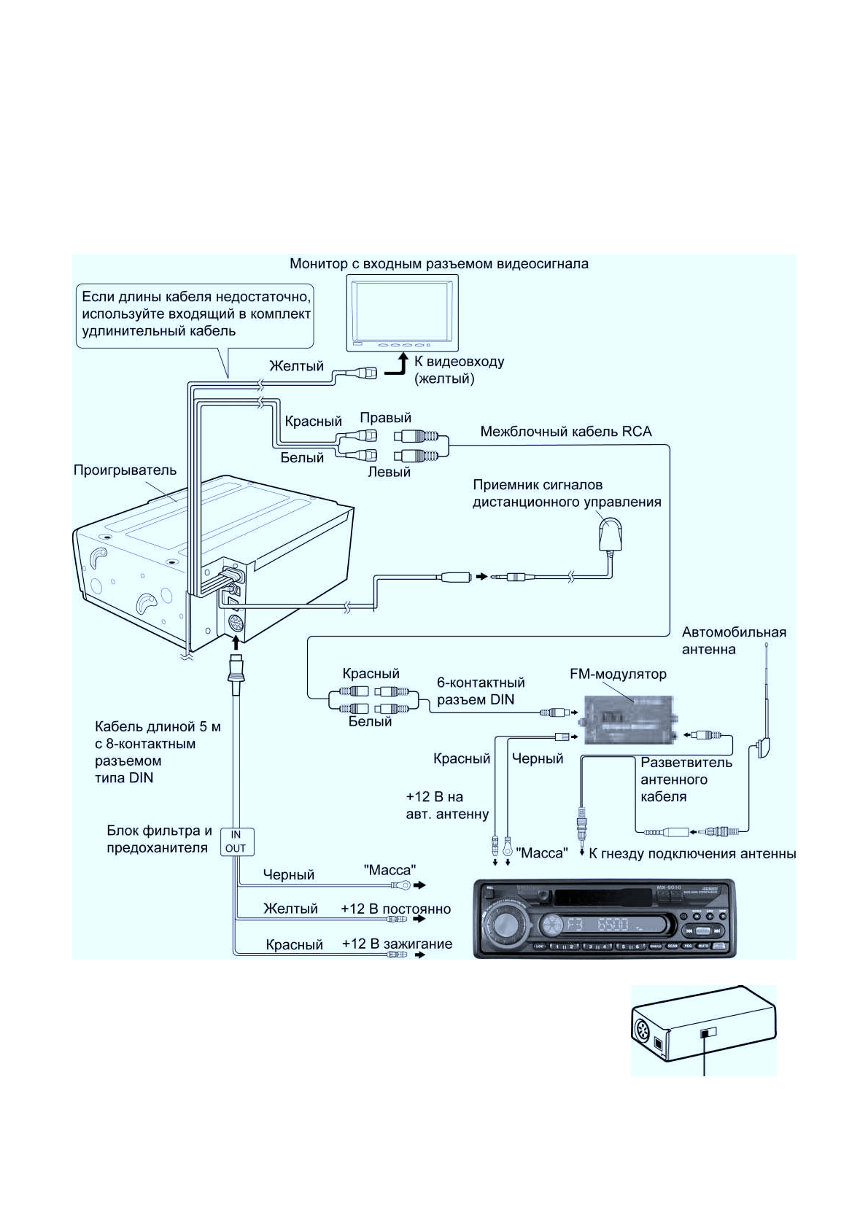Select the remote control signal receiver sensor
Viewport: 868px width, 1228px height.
click(x=610, y=535)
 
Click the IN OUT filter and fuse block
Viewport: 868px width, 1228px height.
click(x=236, y=842)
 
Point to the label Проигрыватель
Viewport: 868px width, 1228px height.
click(x=125, y=470)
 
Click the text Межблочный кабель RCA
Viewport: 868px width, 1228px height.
click(x=565, y=432)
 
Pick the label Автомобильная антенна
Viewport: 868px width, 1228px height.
click(x=733, y=640)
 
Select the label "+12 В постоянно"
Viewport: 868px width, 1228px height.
click(x=395, y=909)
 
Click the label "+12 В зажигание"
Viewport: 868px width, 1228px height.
click(x=397, y=944)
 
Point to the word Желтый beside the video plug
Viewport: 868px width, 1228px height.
click(x=296, y=366)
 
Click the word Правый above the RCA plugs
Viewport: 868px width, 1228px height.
click(x=385, y=418)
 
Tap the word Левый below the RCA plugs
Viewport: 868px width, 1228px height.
click(x=389, y=472)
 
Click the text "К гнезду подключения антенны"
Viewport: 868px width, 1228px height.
click(x=692, y=854)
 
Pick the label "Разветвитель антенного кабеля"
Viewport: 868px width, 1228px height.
click(x=686, y=780)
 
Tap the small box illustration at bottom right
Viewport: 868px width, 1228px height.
click(x=703, y=1030)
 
